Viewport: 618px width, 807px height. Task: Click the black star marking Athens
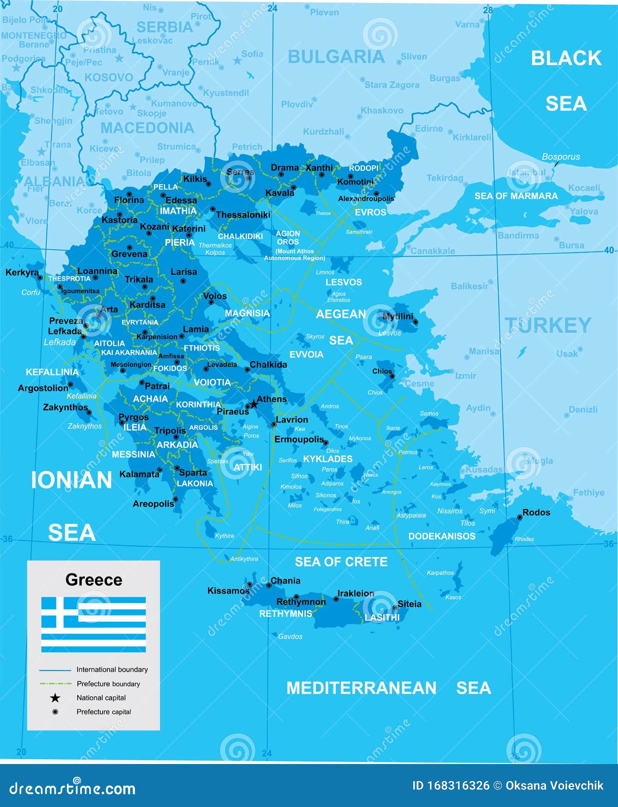254,404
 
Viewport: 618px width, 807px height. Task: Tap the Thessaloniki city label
243,215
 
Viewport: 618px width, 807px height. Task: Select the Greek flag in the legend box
94,624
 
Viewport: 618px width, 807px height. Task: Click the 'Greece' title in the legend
94,580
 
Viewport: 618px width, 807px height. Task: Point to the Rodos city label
536,512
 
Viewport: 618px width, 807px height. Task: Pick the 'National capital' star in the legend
55,698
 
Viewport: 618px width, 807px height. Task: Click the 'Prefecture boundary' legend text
108,684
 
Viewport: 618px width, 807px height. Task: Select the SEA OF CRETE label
341,562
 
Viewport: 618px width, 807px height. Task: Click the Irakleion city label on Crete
356,593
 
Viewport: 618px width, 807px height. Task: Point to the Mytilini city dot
415,322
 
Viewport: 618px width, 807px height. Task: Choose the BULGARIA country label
336,57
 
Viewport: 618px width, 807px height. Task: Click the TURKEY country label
548,326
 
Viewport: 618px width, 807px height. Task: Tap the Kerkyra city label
22,273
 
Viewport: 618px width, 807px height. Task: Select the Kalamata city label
139,474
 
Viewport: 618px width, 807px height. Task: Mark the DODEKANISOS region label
441,536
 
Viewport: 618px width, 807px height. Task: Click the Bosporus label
561,157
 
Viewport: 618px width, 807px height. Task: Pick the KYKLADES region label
328,459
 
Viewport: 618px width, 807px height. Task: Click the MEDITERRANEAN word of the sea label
361,688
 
